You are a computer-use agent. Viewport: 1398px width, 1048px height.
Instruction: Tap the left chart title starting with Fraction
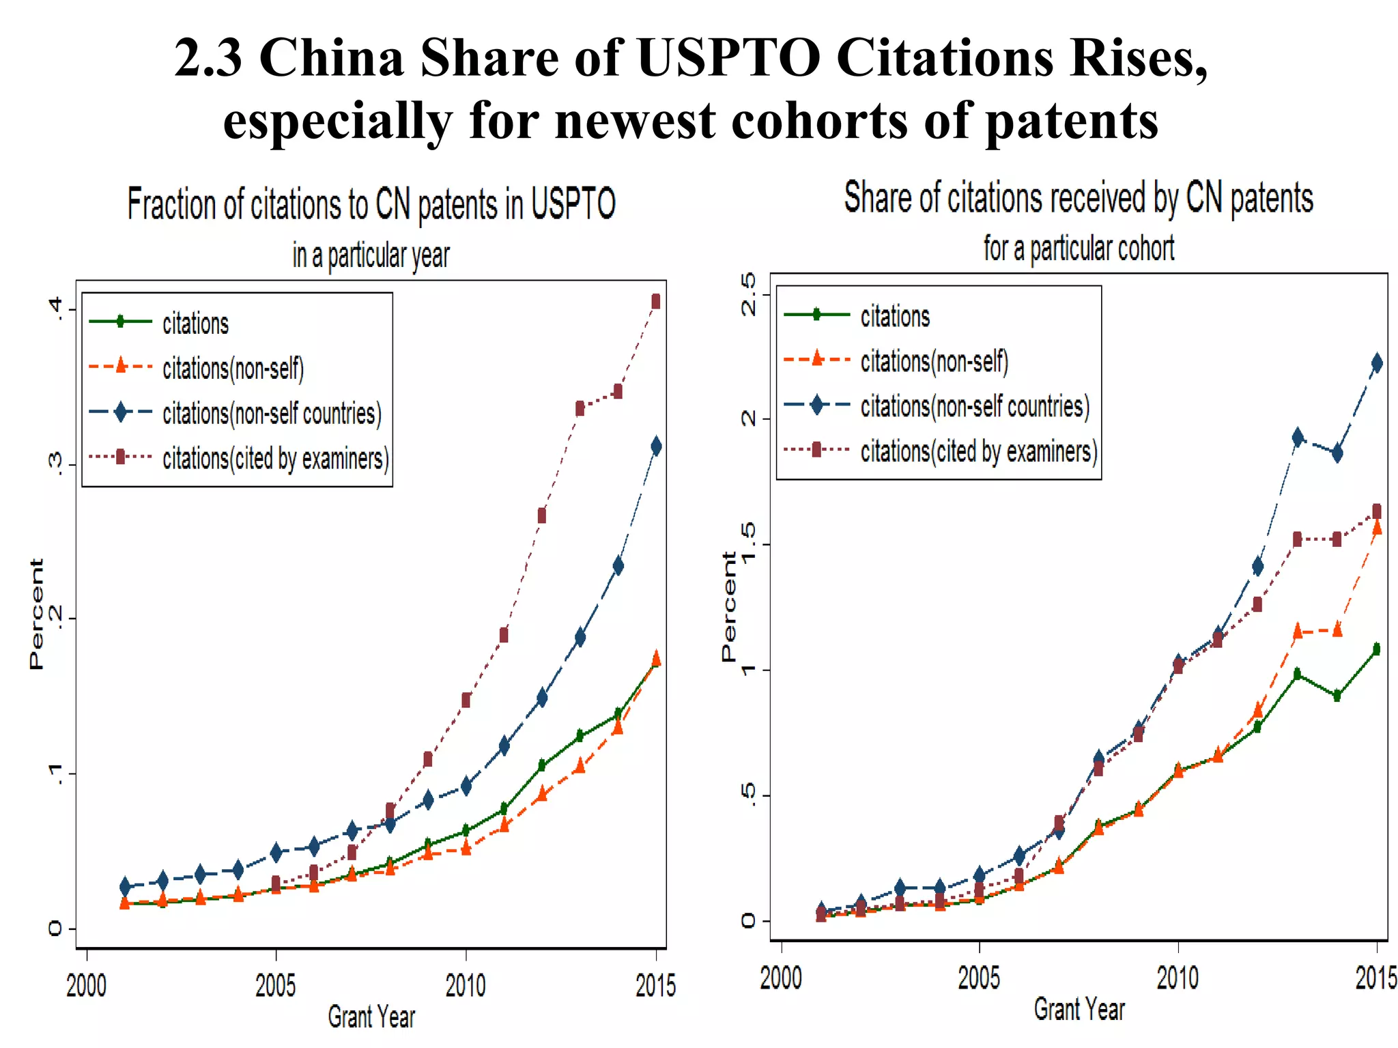[x=371, y=204]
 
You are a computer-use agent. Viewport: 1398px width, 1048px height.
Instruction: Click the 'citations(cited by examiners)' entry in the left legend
[x=275, y=458]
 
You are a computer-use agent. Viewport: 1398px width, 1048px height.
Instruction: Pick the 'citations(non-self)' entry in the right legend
[x=934, y=361]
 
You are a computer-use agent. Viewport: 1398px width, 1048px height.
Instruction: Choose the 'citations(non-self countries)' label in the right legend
[x=974, y=406]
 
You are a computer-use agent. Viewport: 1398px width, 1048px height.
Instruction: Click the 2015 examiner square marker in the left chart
[x=655, y=302]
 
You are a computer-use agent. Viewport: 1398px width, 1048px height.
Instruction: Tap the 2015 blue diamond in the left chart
[x=656, y=447]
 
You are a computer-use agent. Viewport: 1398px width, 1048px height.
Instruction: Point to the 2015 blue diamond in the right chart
[x=1377, y=363]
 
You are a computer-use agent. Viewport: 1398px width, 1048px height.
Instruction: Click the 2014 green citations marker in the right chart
[x=1337, y=696]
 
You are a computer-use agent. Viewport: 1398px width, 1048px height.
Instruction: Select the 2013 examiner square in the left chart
[x=580, y=408]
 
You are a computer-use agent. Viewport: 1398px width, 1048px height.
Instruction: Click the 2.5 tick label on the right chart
[x=749, y=294]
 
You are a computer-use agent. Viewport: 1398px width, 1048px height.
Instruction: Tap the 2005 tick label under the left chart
[x=276, y=985]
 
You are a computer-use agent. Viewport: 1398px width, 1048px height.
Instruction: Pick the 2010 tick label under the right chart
[x=1178, y=978]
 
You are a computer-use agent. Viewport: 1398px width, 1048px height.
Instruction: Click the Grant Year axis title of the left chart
[x=371, y=1017]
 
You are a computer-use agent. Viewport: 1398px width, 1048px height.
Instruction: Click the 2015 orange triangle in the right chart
[x=1377, y=527]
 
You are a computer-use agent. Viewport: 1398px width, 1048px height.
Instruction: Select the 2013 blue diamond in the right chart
[x=1298, y=438]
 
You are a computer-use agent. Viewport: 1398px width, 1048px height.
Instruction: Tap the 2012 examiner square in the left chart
[x=541, y=515]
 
